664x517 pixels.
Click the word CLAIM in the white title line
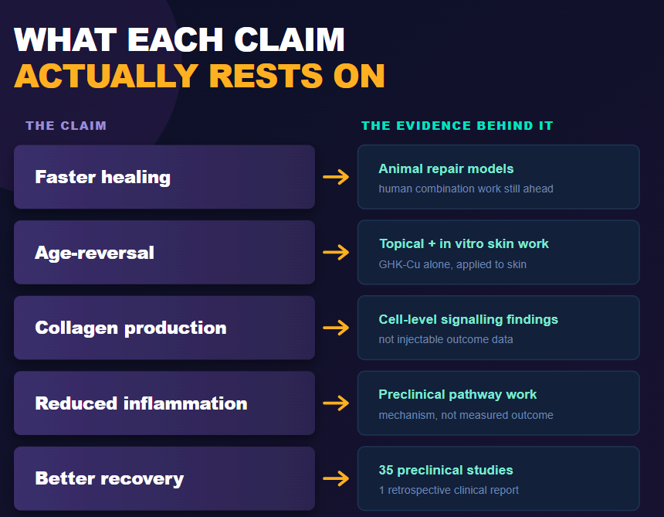(x=290, y=40)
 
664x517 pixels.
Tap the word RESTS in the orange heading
(x=266, y=76)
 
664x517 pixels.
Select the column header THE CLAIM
(x=66, y=125)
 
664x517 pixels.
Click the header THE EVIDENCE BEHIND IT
(x=457, y=125)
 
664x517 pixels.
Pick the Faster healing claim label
(x=103, y=177)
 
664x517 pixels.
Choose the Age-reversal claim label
(x=94, y=253)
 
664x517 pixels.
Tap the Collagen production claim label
(x=130, y=328)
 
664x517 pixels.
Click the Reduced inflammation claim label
(x=141, y=403)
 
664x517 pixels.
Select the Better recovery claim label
(x=110, y=479)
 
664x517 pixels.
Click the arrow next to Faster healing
(x=336, y=177)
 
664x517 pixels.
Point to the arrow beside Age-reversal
(x=336, y=252)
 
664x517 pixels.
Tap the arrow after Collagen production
(x=336, y=328)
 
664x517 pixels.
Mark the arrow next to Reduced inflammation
(x=336, y=403)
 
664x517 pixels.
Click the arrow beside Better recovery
(x=336, y=478)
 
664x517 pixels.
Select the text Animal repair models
(x=446, y=168)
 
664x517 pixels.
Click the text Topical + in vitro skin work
(x=464, y=243)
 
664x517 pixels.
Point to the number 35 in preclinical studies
(x=386, y=470)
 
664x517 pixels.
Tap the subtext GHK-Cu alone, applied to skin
(x=452, y=264)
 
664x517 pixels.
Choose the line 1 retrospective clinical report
(x=449, y=490)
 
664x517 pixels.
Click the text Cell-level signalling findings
(x=469, y=319)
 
